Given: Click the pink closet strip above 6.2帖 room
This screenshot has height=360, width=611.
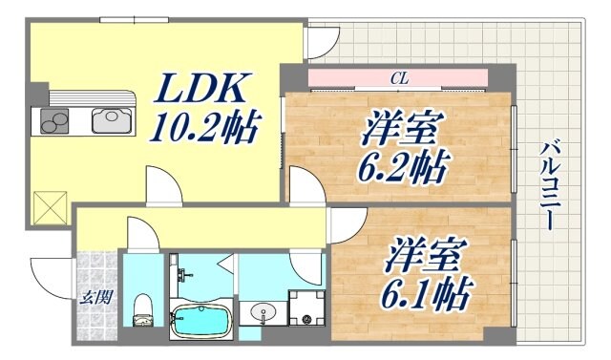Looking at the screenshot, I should point(398,79).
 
